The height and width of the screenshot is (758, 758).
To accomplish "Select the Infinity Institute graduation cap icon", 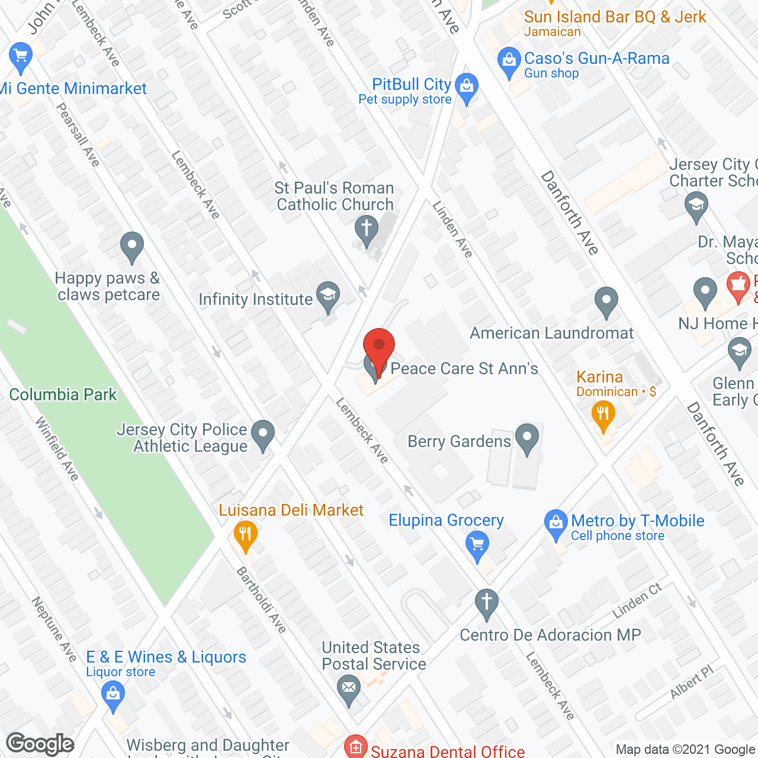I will coord(328,296).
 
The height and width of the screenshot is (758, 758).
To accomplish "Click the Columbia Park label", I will coord(63,394).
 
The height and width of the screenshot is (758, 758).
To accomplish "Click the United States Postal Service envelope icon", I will coord(349,689).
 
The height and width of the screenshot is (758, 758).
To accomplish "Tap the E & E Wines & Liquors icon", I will coord(113,693).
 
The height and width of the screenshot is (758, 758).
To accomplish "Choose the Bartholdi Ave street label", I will coord(261,599).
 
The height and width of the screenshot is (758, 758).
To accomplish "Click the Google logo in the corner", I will coord(40,744).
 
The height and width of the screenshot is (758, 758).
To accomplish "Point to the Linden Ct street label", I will coord(637,600).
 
